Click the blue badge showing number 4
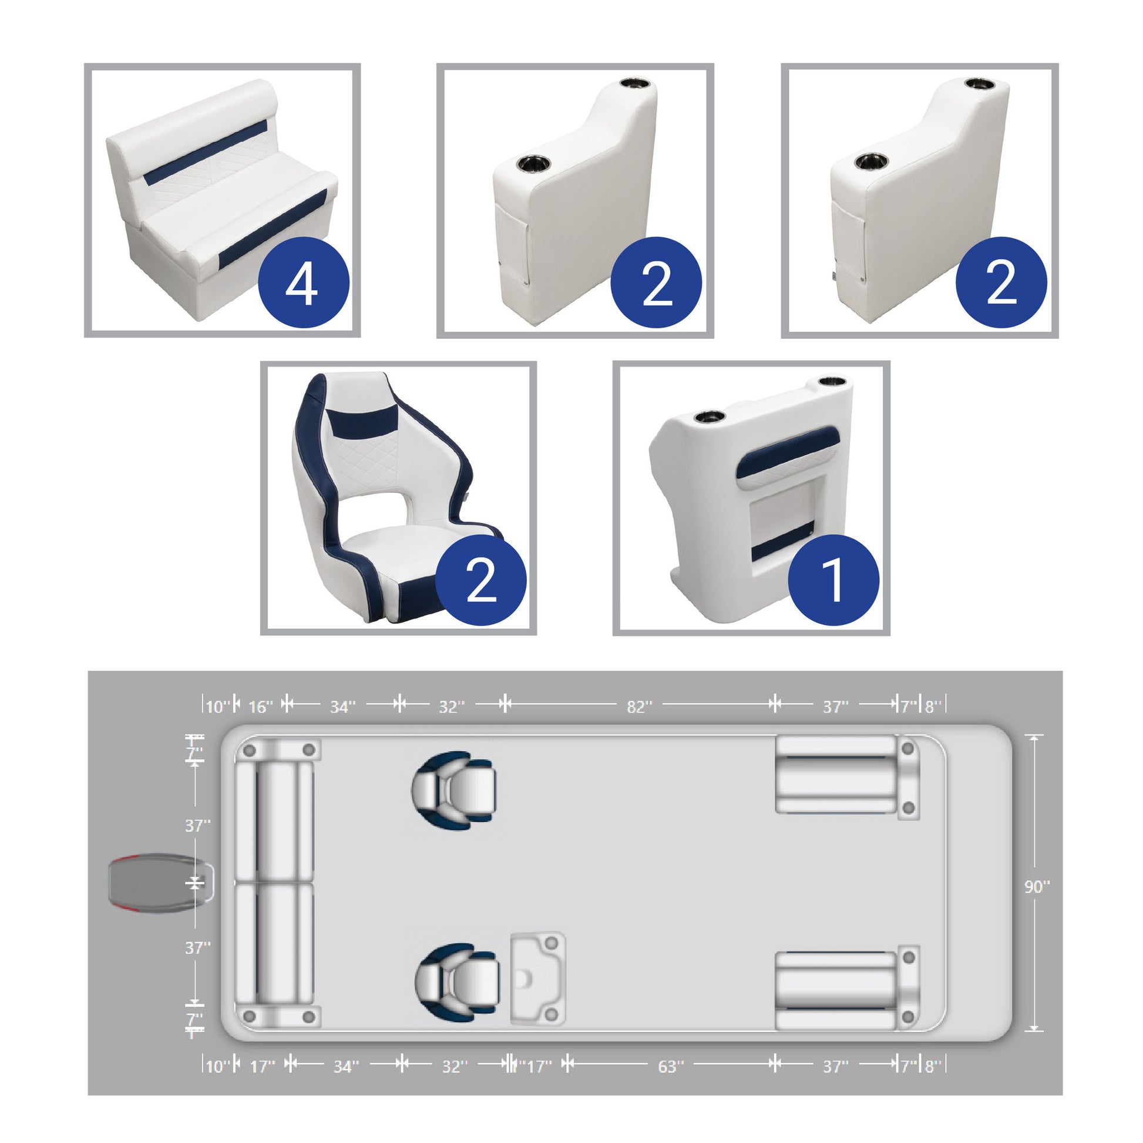pyautogui.click(x=304, y=282)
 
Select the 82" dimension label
pyautogui.click(x=640, y=707)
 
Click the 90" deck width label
pyautogui.click(x=1037, y=903)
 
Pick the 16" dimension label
pyautogui.click(x=260, y=707)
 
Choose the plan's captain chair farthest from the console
pyautogui.click(x=454, y=791)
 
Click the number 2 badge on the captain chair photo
pyautogui.click(x=480, y=581)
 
